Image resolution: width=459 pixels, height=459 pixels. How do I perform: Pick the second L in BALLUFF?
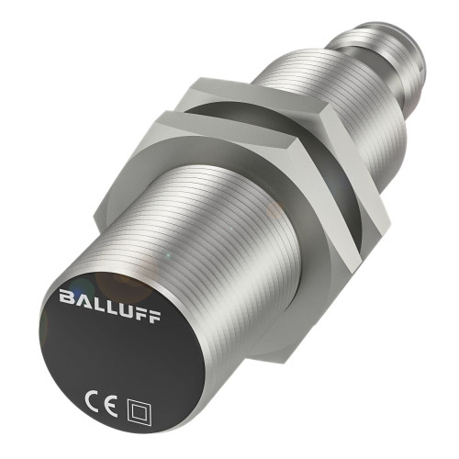pos(113,297)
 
